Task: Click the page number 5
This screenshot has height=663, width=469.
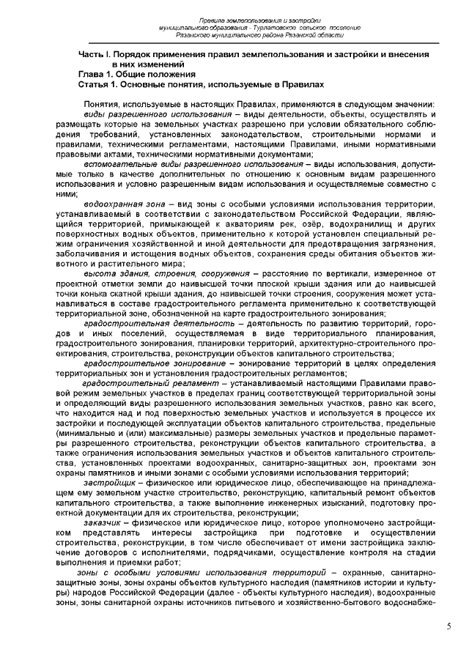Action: (x=448, y=626)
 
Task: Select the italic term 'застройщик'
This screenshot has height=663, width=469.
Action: (x=111, y=484)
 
